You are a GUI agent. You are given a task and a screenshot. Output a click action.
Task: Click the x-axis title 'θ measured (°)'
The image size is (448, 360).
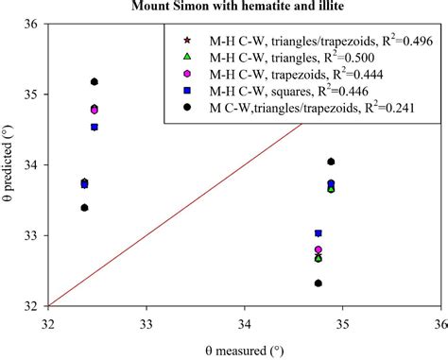[244, 350]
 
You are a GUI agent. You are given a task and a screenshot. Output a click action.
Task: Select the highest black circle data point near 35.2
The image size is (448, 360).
[95, 82]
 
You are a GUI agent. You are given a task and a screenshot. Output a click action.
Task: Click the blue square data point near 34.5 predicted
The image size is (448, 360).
[95, 127]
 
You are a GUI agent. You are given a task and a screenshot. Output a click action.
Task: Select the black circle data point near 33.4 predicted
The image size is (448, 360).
[85, 208]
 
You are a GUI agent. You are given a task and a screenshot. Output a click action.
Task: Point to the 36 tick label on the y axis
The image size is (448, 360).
[28, 25]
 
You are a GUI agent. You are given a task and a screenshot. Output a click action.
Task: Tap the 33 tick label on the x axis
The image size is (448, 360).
[146, 321]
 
